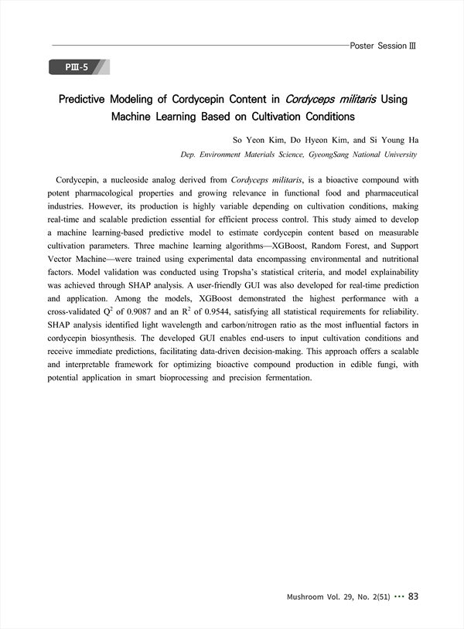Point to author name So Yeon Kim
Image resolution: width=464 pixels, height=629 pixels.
(x=254, y=141)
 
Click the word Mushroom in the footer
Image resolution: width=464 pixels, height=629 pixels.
(x=305, y=597)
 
